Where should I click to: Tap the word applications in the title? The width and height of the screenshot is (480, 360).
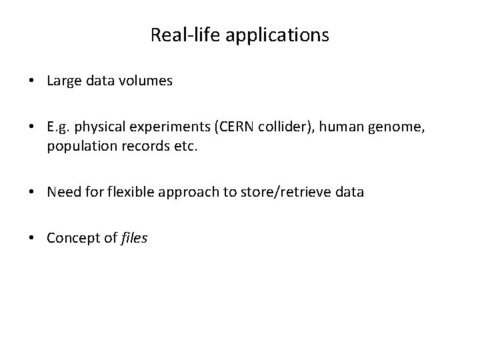tap(277, 35)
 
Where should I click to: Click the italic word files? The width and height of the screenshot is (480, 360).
tap(134, 238)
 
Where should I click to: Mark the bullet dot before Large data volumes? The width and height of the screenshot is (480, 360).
tap(32, 82)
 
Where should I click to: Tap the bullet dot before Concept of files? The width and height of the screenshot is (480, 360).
tap(32, 239)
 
